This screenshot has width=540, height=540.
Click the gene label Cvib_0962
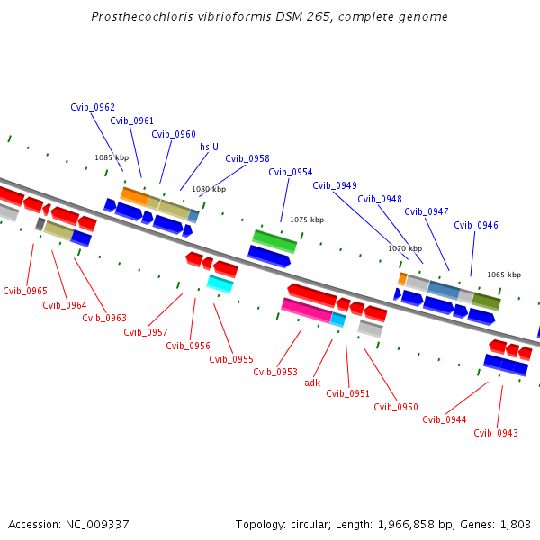click(93, 107)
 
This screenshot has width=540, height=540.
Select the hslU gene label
click(209, 147)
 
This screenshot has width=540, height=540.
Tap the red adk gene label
click(312, 382)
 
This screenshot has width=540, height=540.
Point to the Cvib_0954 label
click(291, 172)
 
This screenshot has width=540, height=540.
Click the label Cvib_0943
click(496, 433)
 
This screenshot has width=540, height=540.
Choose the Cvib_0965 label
click(25, 291)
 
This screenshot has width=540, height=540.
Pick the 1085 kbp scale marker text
click(112, 157)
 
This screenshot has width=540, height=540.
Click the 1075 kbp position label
click(306, 220)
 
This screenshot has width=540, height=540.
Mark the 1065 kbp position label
click(504, 274)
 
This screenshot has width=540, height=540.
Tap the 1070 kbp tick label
click(405, 248)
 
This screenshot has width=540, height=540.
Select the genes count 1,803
click(514, 525)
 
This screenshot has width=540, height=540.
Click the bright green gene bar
click(274, 240)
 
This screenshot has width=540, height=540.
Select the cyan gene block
click(220, 284)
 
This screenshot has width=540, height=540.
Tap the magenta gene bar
click(306, 310)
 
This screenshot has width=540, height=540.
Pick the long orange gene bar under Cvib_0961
click(134, 195)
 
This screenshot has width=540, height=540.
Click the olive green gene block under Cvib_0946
click(486, 301)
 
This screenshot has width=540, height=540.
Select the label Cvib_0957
click(146, 332)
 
